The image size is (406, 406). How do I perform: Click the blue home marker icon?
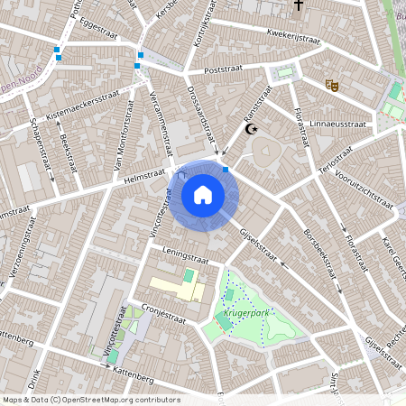click(203, 194)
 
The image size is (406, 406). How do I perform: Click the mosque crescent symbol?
click(254, 129)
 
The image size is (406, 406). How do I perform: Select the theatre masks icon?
click(332, 85)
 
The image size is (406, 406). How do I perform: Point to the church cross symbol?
click(298, 7)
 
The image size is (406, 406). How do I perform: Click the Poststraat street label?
click(225, 69)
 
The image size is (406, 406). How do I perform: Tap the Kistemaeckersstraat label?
click(83, 108)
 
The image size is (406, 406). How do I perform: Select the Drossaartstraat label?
click(206, 116)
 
